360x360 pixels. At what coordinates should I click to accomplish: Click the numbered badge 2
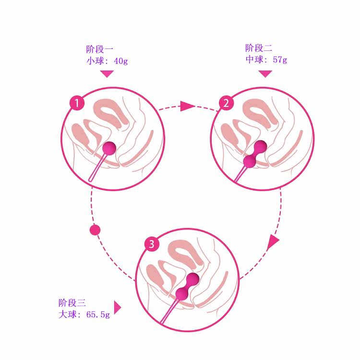point(226,103)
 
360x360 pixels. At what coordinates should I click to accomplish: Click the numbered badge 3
point(152,245)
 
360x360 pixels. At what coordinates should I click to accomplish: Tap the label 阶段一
point(99,48)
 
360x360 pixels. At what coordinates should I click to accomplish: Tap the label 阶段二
point(259,48)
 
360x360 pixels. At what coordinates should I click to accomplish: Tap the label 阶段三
point(72,303)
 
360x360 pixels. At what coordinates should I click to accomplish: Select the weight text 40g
point(121,61)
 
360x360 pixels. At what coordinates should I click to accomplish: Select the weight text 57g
point(280,60)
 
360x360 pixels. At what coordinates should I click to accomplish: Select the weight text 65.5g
point(98,315)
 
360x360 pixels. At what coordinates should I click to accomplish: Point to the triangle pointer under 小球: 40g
point(107,73)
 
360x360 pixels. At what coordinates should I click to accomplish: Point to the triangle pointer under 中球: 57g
point(265,73)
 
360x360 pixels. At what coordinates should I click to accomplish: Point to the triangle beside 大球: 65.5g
point(117,307)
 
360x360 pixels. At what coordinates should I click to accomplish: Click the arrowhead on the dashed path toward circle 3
point(273,241)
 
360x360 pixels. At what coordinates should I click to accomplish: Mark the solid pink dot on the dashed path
point(95,230)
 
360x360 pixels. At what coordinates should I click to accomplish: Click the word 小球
point(92,61)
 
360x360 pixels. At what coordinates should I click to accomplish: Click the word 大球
point(65,315)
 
